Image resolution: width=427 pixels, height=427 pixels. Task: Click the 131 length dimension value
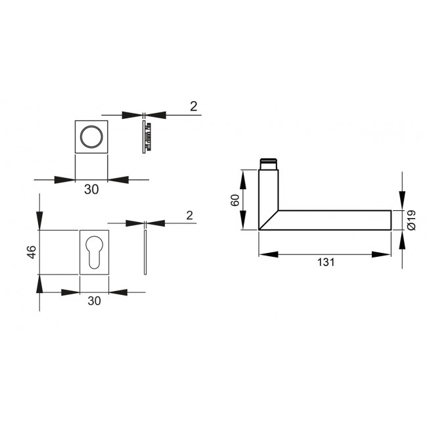coord(326,262)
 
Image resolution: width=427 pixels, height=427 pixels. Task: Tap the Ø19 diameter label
coord(411,219)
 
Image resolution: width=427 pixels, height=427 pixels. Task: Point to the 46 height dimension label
coord(31,252)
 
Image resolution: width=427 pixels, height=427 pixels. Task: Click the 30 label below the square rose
coord(91,189)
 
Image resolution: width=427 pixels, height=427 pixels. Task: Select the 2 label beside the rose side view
coord(193,106)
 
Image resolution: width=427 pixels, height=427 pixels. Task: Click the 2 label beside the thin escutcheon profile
coord(189,215)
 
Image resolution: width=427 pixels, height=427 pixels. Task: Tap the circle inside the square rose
coord(91,137)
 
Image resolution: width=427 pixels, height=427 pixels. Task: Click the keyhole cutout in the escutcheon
coord(95,252)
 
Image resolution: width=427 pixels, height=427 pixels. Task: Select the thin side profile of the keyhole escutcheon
coord(145,252)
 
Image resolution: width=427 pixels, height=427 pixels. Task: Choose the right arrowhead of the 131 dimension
coord(382,254)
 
